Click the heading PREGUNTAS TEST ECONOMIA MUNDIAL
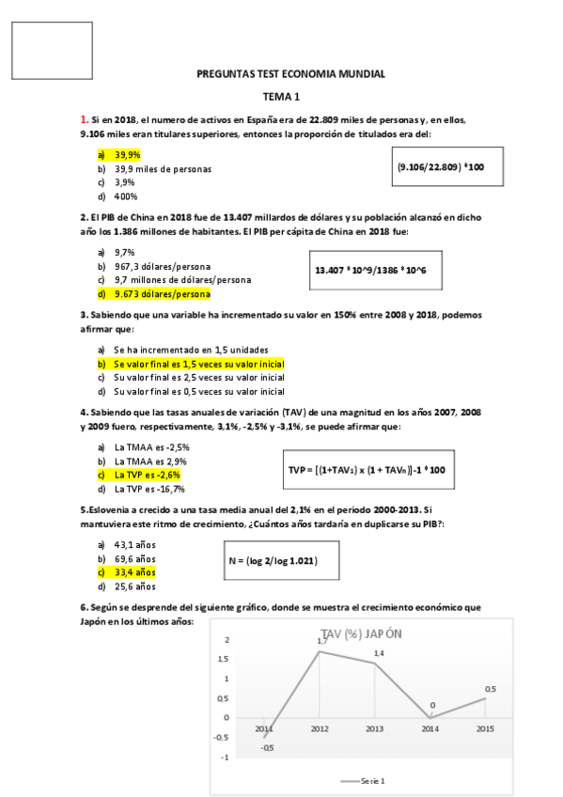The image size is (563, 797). (290, 74)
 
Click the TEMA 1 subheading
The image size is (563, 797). (281, 97)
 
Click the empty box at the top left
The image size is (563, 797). (53, 50)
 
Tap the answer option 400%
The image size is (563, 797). (126, 196)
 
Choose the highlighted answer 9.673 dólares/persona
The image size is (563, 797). (156, 294)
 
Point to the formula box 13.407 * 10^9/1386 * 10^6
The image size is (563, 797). (372, 271)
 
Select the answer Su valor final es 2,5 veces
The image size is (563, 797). (198, 377)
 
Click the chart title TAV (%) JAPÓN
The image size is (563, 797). (361, 633)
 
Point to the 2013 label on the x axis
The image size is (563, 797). (374, 728)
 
